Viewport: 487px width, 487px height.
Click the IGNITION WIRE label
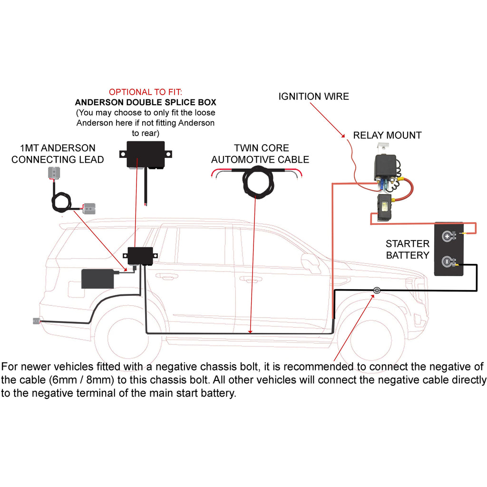coord(313,97)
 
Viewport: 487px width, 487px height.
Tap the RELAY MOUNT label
coord(387,136)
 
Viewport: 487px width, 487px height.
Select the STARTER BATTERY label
coord(408,249)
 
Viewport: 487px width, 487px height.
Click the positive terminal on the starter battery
coord(448,235)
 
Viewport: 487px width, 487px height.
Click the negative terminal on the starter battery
coord(448,261)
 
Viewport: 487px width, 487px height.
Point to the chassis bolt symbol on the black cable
coord(376,290)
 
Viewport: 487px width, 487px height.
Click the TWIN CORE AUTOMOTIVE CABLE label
coord(260,154)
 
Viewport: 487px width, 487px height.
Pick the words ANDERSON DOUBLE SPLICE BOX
coord(146,102)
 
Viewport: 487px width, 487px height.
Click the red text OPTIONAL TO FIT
coord(146,92)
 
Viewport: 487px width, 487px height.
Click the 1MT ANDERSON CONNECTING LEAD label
coord(58,154)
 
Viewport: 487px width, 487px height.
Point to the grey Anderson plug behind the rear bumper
coord(36,321)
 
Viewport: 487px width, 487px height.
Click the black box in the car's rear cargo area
coord(98,279)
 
